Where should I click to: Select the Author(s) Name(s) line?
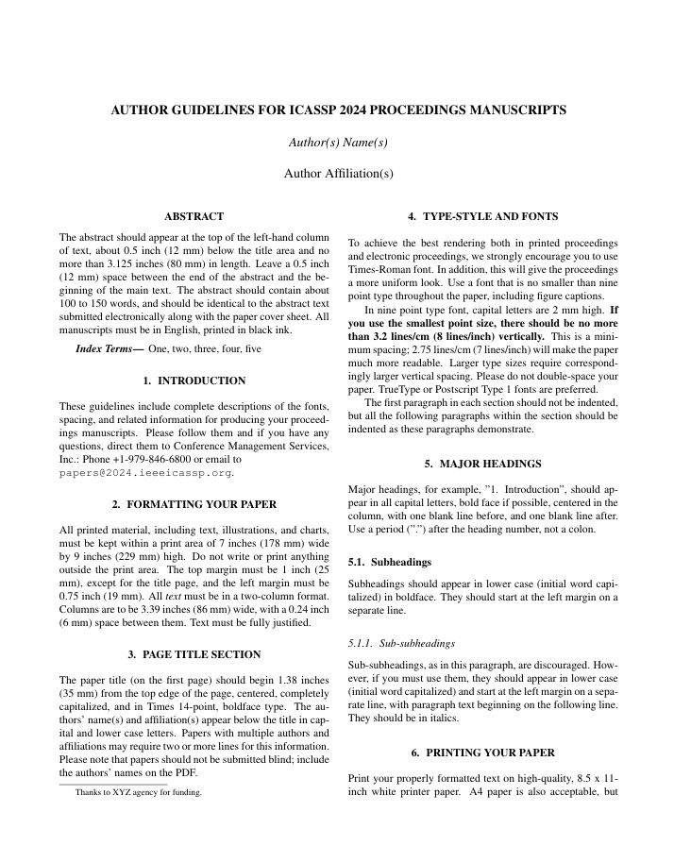338,143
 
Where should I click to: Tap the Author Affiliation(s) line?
338,173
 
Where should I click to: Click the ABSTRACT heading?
194,216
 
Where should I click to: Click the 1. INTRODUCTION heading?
194,381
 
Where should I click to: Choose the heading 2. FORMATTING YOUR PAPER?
194,504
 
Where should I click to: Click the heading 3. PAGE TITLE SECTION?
194,653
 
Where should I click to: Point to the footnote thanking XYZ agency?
139,793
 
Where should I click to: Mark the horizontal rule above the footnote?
113,783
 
